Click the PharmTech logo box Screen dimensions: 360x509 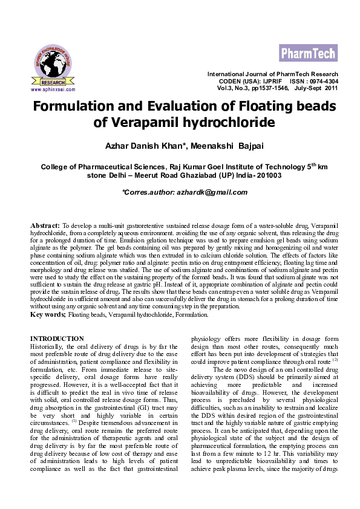click(309, 53)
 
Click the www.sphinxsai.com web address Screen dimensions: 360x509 click(53, 89)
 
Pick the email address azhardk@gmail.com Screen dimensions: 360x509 click(209, 192)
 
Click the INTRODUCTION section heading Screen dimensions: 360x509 click(57, 339)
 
